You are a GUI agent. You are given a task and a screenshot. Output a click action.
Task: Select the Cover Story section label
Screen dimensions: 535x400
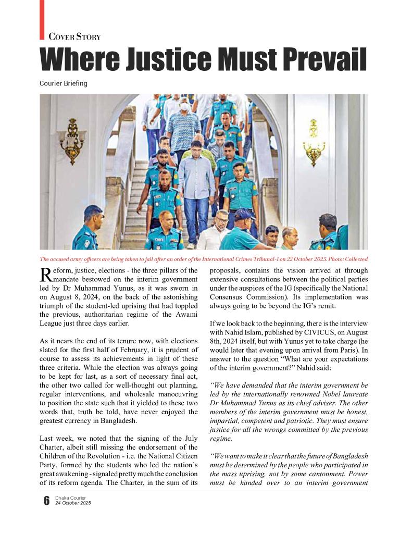click(x=74, y=37)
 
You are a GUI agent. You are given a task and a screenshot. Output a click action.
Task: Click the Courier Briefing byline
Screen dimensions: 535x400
click(x=64, y=83)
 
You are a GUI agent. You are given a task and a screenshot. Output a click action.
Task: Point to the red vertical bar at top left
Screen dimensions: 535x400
click(x=42, y=19)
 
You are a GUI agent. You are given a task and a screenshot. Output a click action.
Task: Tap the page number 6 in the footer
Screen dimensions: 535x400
click(x=46, y=501)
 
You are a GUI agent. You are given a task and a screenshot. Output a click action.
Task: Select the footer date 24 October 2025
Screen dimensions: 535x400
click(x=73, y=503)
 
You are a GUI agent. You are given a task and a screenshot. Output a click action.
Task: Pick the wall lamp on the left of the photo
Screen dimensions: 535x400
click(x=72, y=140)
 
